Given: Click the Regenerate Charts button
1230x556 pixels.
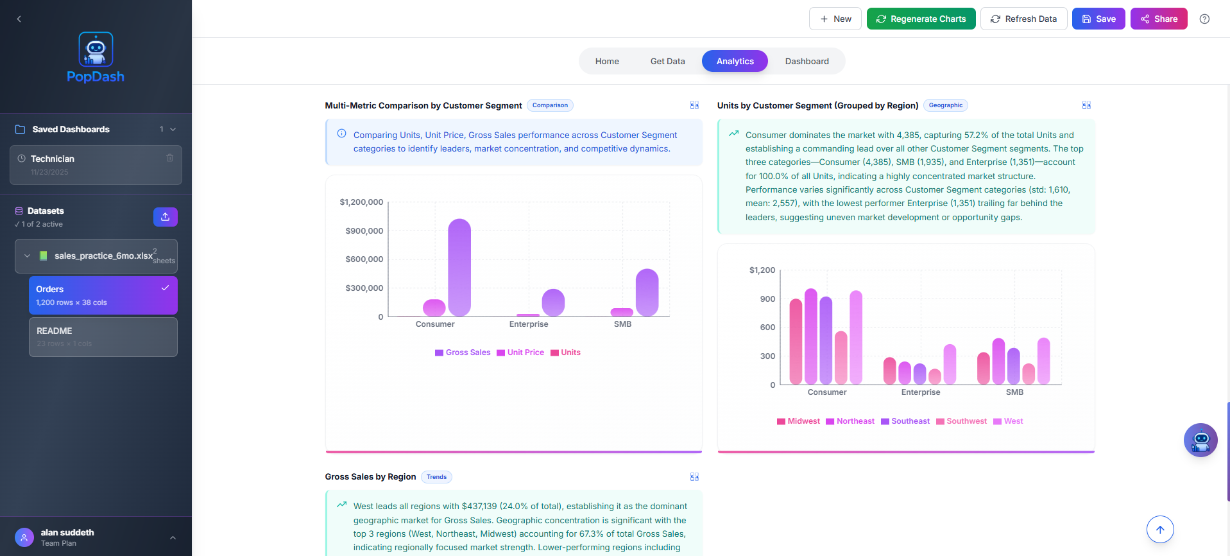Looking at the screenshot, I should [921, 19].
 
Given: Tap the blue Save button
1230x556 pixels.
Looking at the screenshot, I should [1098, 19].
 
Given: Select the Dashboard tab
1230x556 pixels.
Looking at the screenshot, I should [807, 61].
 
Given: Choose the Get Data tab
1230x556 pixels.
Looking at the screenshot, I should [667, 61].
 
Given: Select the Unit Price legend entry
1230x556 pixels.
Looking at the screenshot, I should [520, 352].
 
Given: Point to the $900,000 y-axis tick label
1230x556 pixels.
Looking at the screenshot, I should [364, 230].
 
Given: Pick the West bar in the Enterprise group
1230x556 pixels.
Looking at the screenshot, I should [950, 364].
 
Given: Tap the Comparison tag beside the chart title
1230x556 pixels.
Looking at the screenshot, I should [550, 105].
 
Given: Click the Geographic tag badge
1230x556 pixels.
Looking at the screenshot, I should [945, 105].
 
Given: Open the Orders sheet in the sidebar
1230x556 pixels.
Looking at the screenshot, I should [103, 295].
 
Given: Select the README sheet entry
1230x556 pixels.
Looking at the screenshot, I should [103, 337].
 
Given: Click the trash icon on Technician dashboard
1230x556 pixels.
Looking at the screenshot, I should [169, 158].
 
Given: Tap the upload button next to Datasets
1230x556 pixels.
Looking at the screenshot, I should [165, 217].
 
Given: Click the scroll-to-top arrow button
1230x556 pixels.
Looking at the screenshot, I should [1159, 530].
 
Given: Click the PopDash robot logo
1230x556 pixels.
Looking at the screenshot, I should [96, 49].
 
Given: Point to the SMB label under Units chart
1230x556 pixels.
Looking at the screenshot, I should [1014, 392].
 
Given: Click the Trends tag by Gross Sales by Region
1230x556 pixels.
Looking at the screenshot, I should [436, 477].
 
